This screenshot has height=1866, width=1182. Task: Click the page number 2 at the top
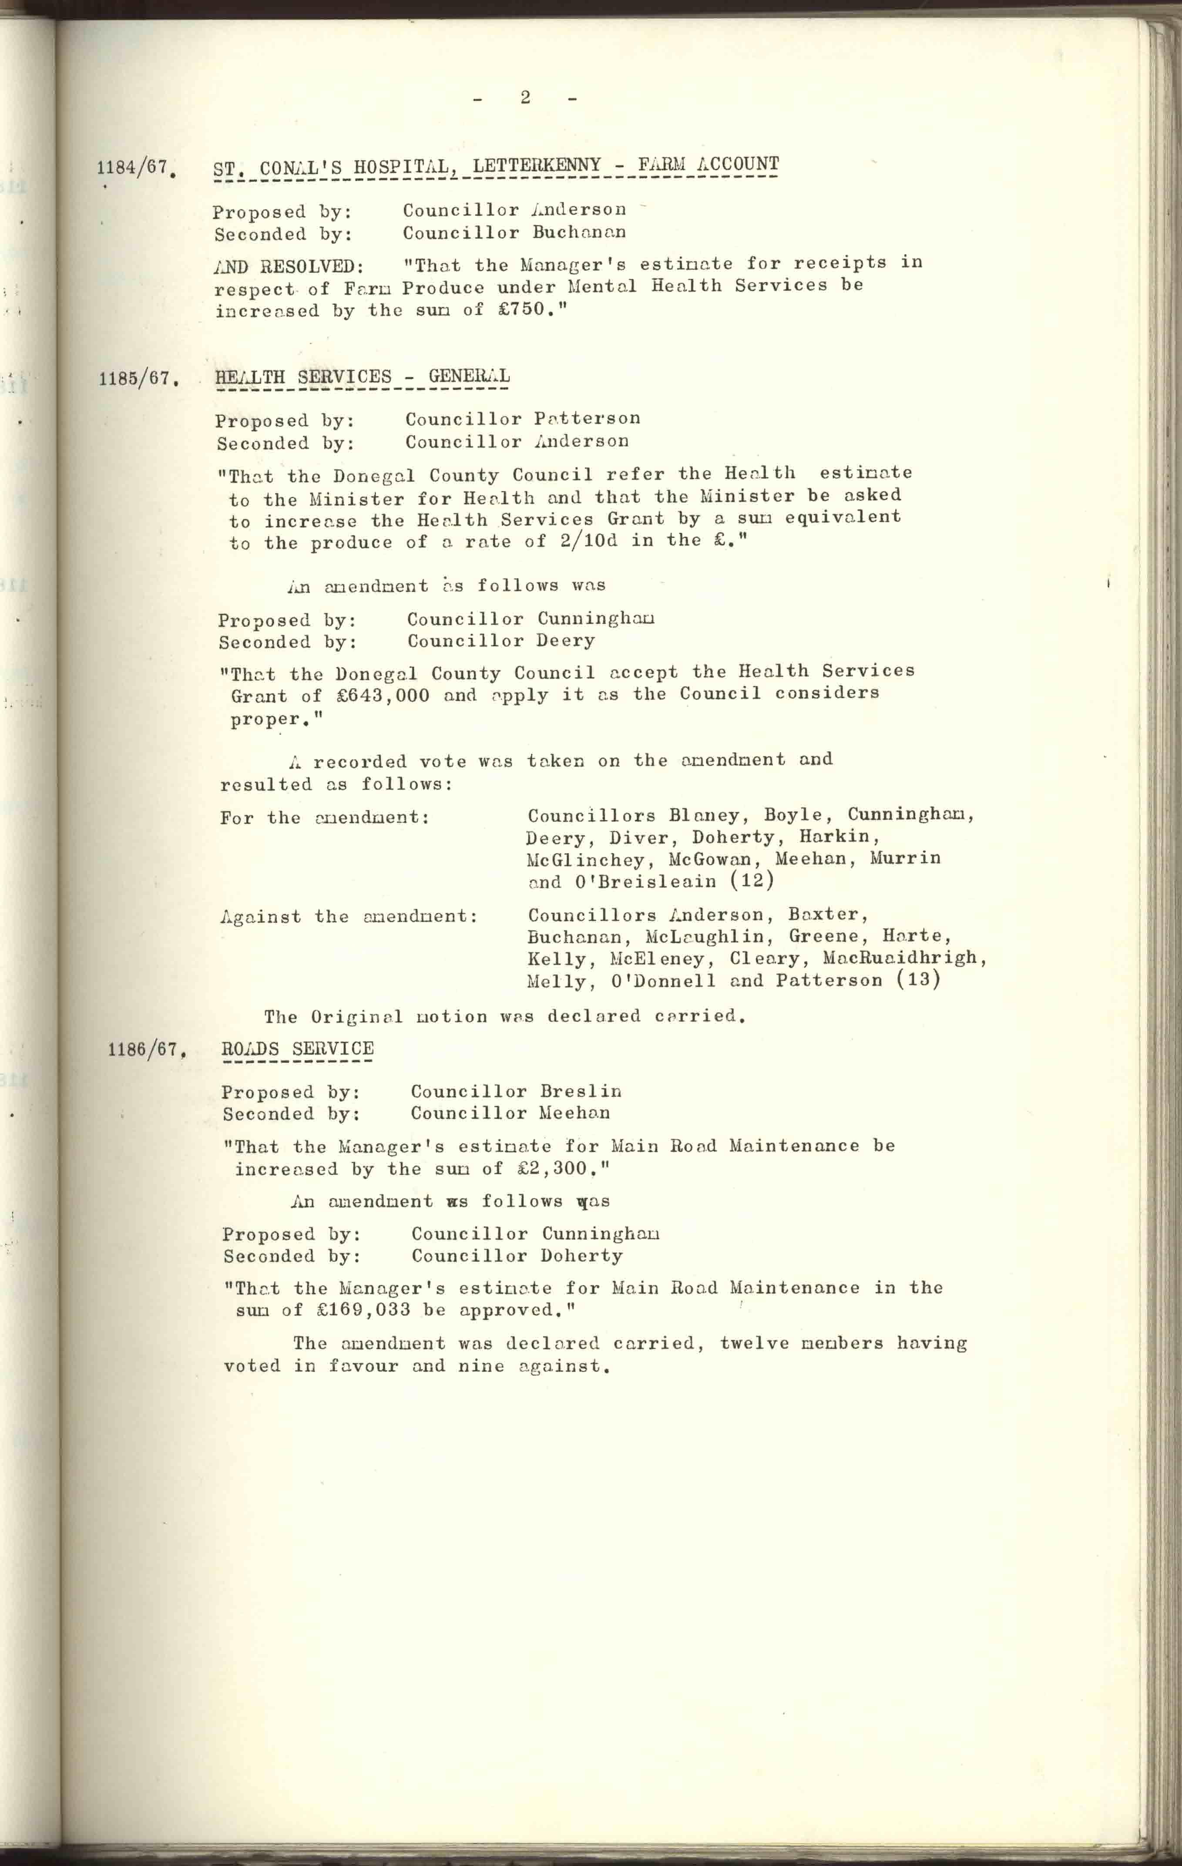[x=525, y=98]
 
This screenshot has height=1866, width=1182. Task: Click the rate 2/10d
[x=588, y=541]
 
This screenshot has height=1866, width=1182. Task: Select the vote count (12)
[x=752, y=880]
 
